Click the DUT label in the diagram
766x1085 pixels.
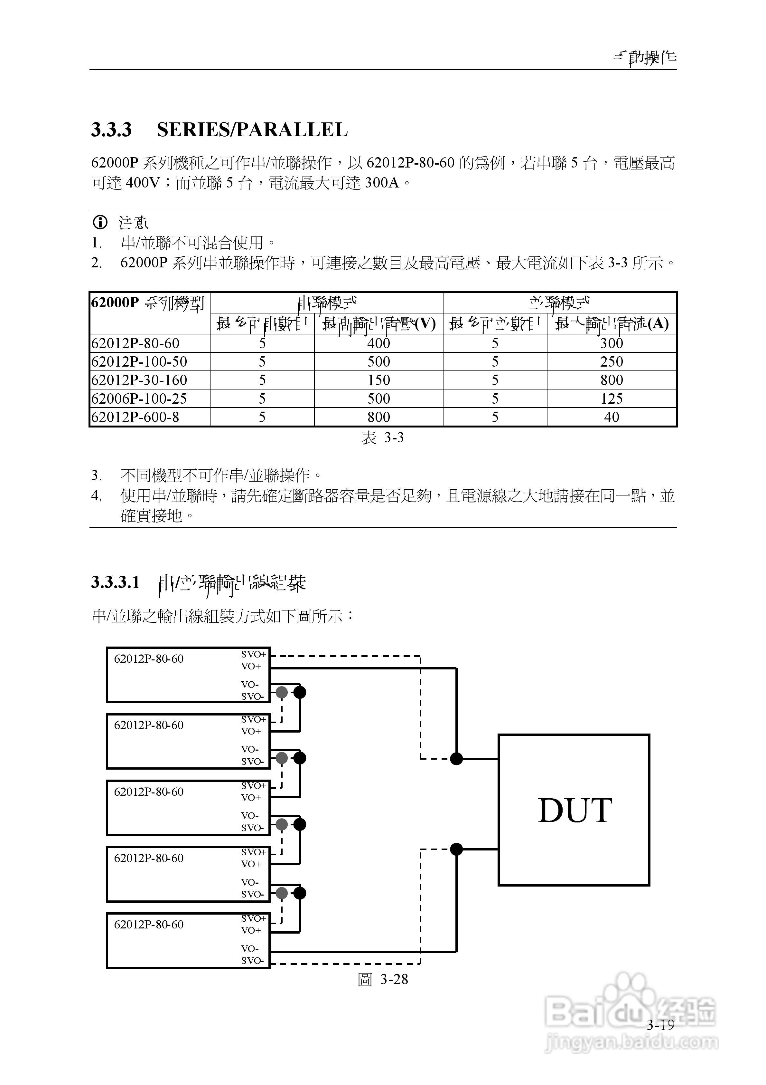pos(575,811)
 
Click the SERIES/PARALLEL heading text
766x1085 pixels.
pos(252,130)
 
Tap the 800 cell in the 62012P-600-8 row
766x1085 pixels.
pos(379,417)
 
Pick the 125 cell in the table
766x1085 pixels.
pos(612,398)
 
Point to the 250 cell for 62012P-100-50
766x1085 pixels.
pos(612,361)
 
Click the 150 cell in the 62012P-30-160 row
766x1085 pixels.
pos(379,380)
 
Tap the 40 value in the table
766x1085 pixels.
pos(612,417)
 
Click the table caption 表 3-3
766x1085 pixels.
pos(383,437)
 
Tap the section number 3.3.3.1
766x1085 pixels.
pos(115,582)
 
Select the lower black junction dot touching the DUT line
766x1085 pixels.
pos(456,849)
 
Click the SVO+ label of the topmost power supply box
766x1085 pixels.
pos(254,655)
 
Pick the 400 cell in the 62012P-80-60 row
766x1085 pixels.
pos(379,343)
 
